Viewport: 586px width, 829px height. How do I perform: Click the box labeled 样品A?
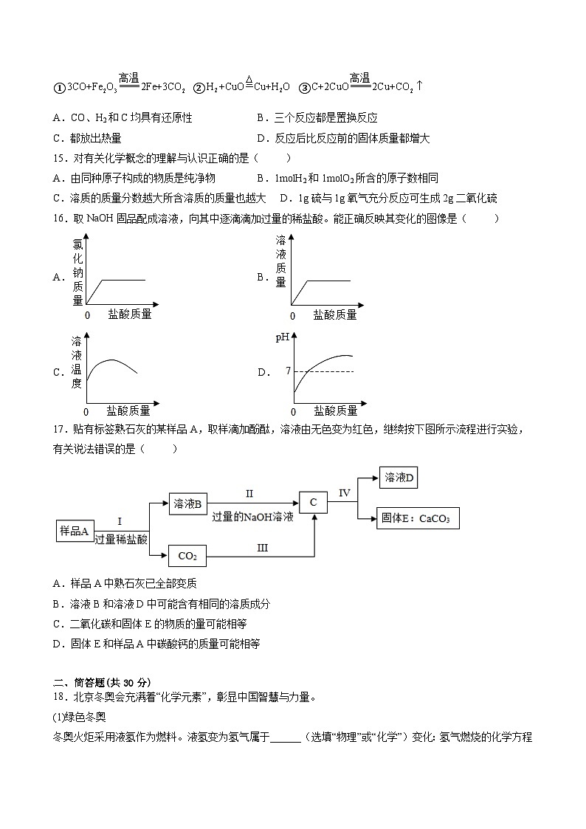pos(75,531)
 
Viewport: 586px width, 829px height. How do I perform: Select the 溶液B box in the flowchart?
pos(187,504)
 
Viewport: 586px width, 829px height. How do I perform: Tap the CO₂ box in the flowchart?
pos(187,555)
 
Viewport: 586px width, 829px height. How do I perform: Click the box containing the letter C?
pos(314,503)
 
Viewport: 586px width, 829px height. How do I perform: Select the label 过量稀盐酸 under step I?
pos(121,539)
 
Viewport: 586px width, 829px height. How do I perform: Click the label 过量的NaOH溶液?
pos(252,517)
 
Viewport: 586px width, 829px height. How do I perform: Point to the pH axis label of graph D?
pos(283,337)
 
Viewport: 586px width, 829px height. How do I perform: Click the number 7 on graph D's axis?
pos(289,371)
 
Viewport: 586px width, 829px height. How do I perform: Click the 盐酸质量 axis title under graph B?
pos(334,314)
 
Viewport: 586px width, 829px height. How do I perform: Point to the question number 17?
pos(60,430)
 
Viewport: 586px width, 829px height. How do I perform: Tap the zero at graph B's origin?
pos(292,315)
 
